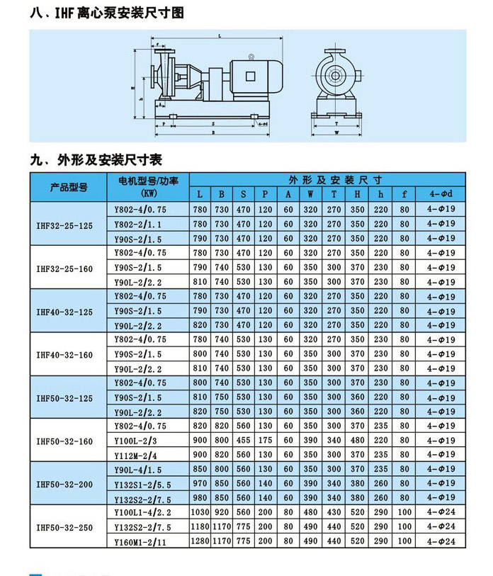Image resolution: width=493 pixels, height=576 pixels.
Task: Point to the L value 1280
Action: point(200,541)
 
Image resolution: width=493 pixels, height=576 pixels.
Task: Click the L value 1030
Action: point(200,512)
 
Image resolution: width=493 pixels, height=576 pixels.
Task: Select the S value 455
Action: point(243,440)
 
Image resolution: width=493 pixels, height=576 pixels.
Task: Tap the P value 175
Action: point(265,440)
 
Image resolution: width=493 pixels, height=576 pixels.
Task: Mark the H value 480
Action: point(358,440)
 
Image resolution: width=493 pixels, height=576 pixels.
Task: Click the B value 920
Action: point(222,512)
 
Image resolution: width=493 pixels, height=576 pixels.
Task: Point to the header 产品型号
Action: point(68,187)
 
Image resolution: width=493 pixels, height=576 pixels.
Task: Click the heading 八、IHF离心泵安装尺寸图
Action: point(107,13)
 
